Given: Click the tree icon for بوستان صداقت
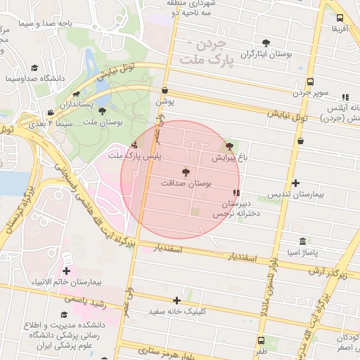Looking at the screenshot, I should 186,172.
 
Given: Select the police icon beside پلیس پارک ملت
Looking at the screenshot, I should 134,144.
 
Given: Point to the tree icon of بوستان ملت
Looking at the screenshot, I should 103,111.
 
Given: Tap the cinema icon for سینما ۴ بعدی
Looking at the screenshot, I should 50,112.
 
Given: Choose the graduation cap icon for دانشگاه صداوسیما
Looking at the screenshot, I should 34,68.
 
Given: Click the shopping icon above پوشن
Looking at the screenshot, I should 165,90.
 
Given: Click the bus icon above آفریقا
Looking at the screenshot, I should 340,18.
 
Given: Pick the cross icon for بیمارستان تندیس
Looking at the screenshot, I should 295,183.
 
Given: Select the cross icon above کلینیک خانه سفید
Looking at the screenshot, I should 186,300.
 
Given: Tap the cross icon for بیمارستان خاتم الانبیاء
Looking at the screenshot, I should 67,271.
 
